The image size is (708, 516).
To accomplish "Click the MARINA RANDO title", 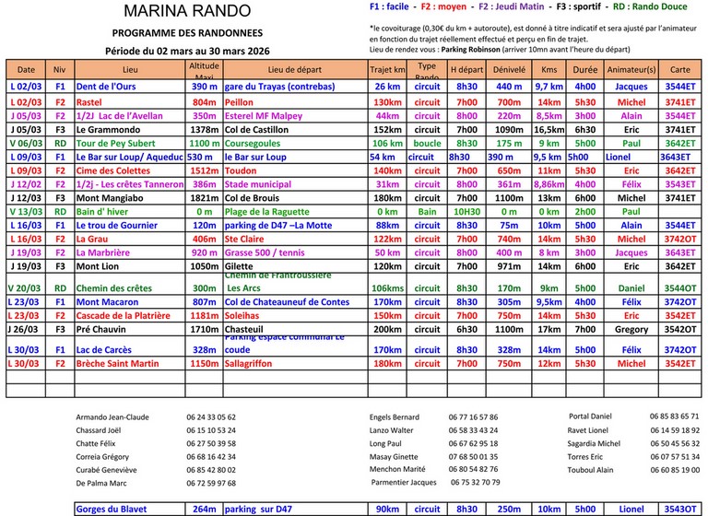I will pos(186,11).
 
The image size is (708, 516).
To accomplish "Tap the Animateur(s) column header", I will pos(631,69).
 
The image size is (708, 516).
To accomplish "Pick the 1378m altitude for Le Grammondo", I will pos(203,130).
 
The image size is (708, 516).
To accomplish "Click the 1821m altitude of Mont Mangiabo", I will pos(203,198).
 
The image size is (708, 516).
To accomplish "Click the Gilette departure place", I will pos(241,265).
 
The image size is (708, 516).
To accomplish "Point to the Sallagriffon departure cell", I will pos(257,364).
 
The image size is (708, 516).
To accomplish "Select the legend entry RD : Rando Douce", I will pos(659,6).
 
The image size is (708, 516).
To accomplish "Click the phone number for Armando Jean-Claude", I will pos(210,417).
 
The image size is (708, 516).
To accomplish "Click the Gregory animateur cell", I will pos(631,329).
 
